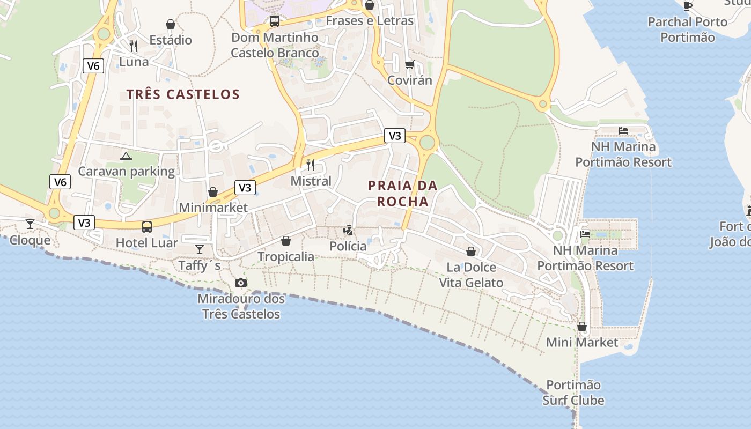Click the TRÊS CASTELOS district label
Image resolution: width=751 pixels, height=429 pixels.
tap(183, 94)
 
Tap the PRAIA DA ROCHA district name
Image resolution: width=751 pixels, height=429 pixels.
tap(403, 194)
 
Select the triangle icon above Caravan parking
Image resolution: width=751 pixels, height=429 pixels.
tap(126, 156)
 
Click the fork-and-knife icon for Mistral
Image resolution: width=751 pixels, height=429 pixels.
tap(311, 165)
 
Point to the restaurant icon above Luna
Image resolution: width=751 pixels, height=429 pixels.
tap(134, 46)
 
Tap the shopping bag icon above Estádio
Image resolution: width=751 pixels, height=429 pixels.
tap(171, 24)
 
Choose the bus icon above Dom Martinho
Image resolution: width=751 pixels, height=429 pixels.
tap(275, 21)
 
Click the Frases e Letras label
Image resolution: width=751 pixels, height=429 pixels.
tap(370, 21)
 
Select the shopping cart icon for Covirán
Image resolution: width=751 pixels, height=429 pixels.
tap(410, 64)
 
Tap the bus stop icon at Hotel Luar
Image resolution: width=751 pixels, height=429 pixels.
tap(147, 227)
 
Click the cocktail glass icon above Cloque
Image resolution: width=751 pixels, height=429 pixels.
tap(30, 224)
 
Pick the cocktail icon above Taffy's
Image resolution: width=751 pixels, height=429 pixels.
tap(200, 249)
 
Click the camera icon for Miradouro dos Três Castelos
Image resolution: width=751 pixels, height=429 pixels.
tap(241, 283)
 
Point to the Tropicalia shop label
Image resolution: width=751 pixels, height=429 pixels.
tap(286, 256)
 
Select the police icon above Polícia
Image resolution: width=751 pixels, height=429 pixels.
tap(348, 231)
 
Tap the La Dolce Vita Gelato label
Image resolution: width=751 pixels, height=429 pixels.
tap(471, 275)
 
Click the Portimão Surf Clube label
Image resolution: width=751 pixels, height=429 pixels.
tap(573, 393)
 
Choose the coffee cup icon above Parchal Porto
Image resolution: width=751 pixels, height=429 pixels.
tap(687, 6)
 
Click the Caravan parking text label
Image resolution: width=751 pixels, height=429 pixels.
tap(127, 172)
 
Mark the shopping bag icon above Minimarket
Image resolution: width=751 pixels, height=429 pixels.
tap(213, 192)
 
